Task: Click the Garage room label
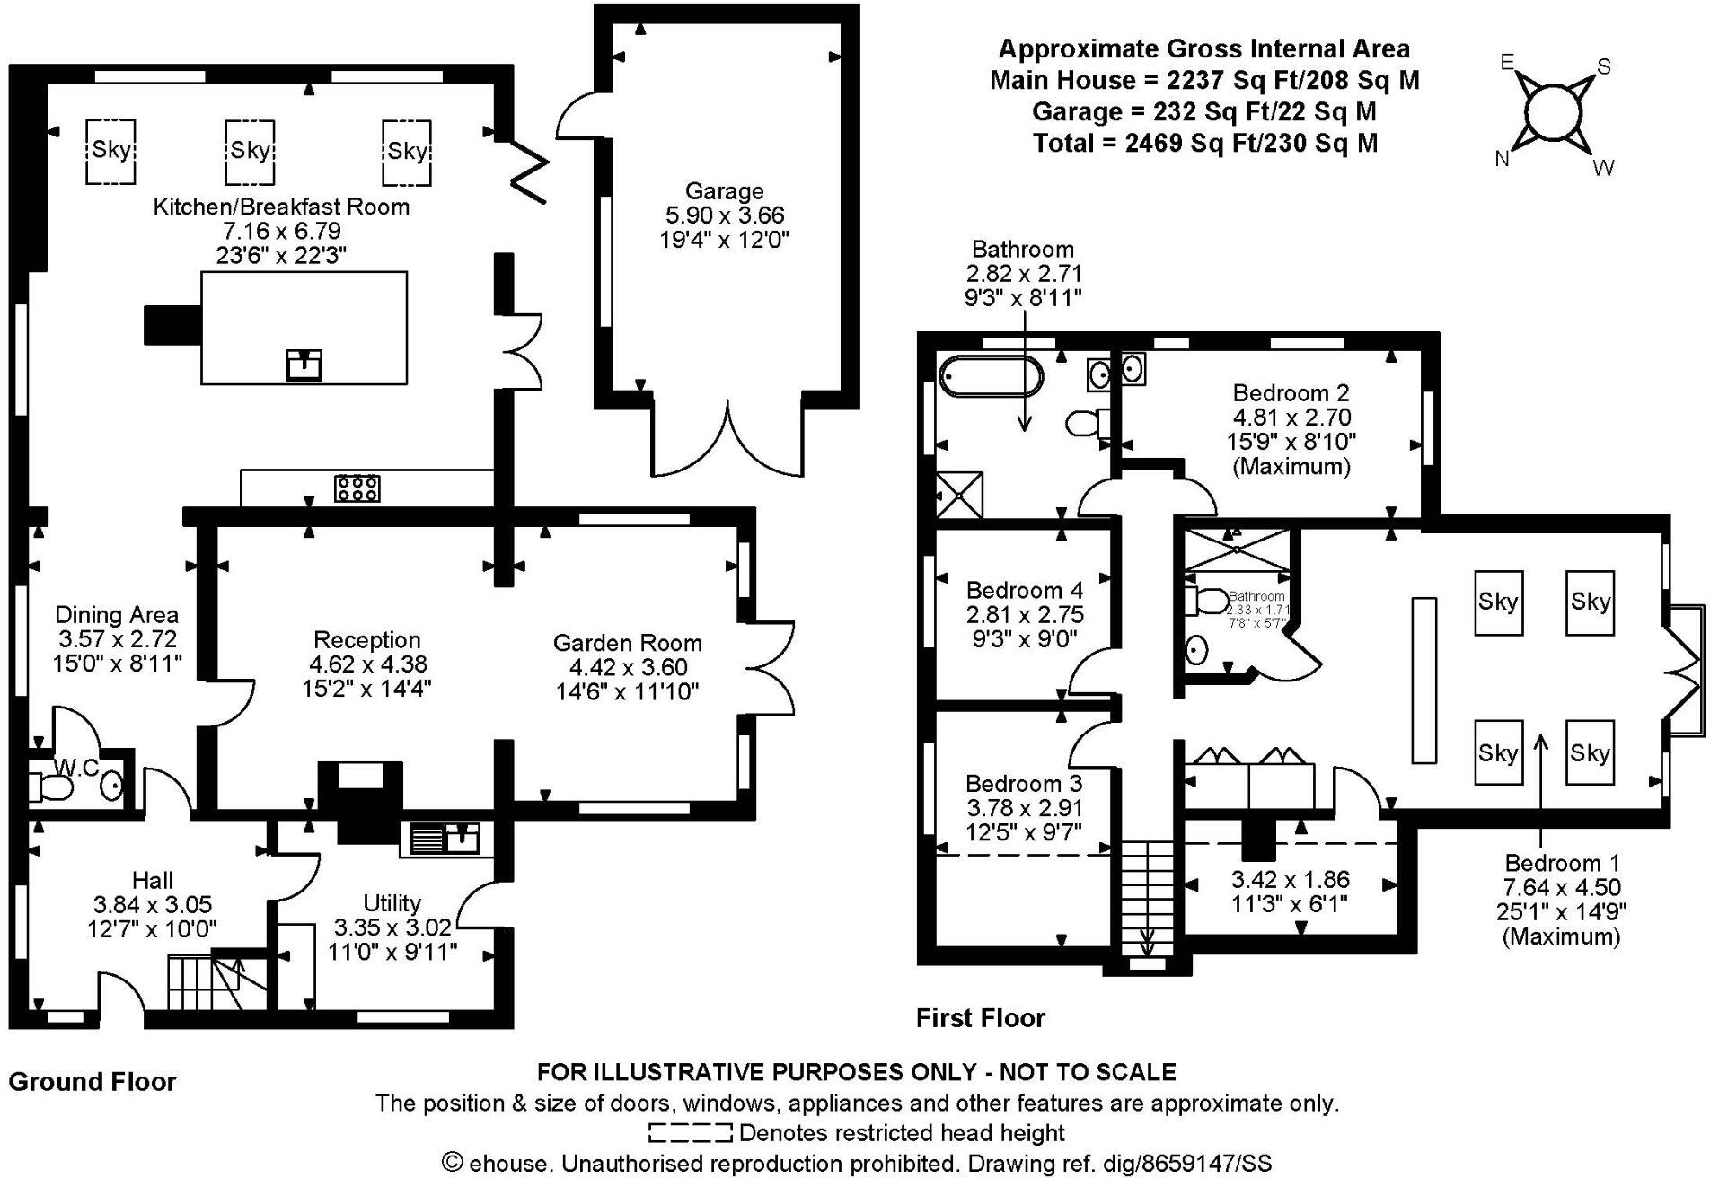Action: click(x=724, y=191)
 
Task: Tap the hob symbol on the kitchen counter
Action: click(x=357, y=488)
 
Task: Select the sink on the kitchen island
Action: click(x=304, y=365)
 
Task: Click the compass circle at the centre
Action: click(x=1552, y=113)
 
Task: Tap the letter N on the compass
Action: click(x=1502, y=159)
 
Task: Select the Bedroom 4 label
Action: click(x=1024, y=590)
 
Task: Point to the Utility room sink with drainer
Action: click(x=446, y=839)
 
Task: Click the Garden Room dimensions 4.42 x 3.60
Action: click(x=628, y=667)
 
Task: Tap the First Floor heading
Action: click(x=980, y=1018)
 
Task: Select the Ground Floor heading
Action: click(x=93, y=1081)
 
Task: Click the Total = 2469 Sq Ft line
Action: click(x=1204, y=143)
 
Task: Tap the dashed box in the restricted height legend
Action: click(x=690, y=1133)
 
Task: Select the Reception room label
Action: click(x=366, y=640)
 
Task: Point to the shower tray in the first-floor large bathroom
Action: click(x=959, y=495)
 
